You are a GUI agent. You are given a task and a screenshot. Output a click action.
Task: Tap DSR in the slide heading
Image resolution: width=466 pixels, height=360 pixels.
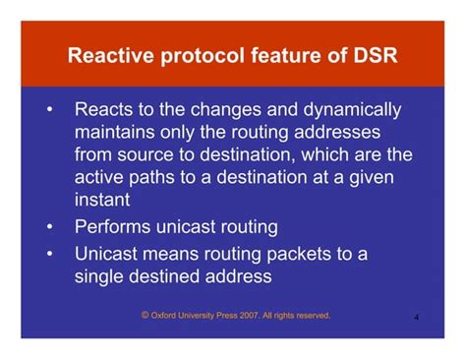coord(375,55)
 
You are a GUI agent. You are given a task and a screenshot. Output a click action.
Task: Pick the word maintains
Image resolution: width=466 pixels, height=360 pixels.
coord(117,133)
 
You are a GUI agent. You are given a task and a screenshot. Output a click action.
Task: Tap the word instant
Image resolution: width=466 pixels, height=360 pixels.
coord(101,200)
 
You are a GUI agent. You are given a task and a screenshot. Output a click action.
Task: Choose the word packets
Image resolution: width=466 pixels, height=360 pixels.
coord(302,254)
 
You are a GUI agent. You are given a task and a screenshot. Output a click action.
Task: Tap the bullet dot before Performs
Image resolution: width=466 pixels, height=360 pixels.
coord(49,227)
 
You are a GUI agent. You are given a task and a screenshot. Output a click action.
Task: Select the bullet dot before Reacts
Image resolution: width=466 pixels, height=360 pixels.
coord(49,110)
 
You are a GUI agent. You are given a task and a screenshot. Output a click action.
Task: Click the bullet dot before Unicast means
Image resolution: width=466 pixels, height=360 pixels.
coord(49,254)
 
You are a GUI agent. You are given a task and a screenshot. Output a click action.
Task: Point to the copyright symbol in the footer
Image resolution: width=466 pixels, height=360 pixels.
coord(146,316)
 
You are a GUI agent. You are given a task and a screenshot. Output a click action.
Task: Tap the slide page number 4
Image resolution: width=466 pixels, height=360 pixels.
coord(418,319)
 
